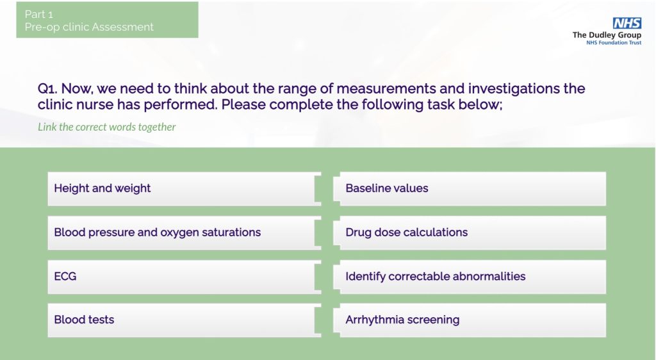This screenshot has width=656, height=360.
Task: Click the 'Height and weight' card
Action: [184, 188]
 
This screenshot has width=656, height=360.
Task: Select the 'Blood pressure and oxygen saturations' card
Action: [184, 233]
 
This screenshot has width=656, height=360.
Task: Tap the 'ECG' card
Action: [184, 277]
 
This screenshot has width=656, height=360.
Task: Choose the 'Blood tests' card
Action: [184, 320]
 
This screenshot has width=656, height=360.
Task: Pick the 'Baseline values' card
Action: [470, 188]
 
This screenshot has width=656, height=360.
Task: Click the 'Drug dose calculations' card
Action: [470, 233]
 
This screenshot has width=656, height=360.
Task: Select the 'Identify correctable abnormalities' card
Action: [470, 277]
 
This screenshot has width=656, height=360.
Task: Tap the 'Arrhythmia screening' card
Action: [470, 320]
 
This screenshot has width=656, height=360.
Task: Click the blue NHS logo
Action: [627, 23]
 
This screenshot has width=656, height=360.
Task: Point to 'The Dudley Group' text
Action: [607, 35]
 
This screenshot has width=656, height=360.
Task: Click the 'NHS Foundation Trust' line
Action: [614, 43]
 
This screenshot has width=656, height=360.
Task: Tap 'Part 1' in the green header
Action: [39, 14]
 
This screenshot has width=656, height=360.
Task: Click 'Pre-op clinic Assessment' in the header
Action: [89, 27]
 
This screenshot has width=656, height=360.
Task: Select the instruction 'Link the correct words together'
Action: [107, 127]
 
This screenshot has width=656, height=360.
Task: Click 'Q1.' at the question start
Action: [47, 88]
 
